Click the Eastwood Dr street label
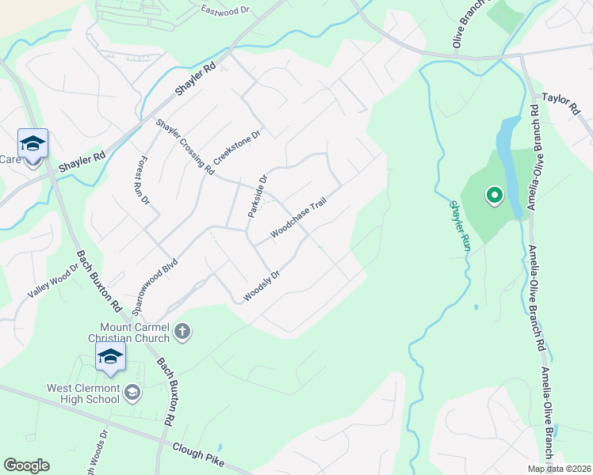pos(224,11)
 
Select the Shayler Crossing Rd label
pos(186,146)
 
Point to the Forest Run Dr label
pos(145,180)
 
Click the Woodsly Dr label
pos(262,287)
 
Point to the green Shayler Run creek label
pos(461,226)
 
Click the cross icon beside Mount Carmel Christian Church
pos(182,332)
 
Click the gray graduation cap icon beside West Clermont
pos(132,392)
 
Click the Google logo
pos(26,465)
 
